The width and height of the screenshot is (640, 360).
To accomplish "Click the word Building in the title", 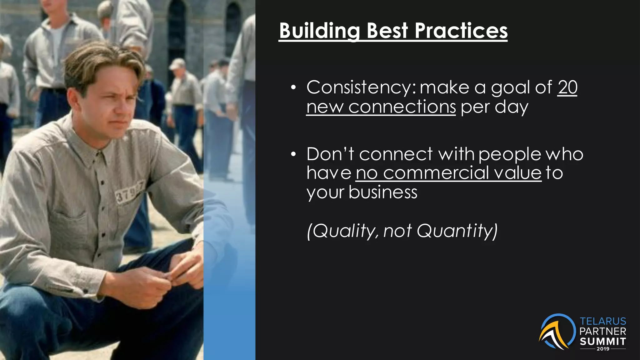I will (x=320, y=31).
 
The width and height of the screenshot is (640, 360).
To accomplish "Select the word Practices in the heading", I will (x=461, y=31).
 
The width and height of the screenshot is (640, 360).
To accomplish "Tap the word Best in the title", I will (x=387, y=31).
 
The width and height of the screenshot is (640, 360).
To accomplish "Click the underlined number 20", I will (x=567, y=87).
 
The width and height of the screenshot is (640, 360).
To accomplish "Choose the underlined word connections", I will (x=402, y=107).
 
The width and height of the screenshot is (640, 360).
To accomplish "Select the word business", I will (x=383, y=192).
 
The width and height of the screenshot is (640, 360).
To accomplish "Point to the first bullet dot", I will (x=293, y=88).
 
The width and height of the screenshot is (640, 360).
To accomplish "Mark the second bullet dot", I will (x=293, y=155).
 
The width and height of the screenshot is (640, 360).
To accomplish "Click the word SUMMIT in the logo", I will (x=603, y=341).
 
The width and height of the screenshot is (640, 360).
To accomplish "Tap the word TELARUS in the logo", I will (x=603, y=321).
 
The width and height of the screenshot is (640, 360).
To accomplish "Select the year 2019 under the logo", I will (x=603, y=349).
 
